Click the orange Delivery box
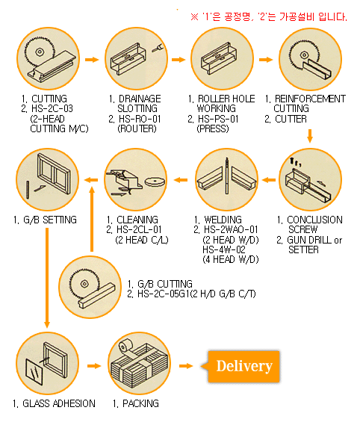click(x=243, y=366)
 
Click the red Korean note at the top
click(x=269, y=17)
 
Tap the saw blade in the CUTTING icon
click(x=40, y=52)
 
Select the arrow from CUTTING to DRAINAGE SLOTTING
click(x=92, y=60)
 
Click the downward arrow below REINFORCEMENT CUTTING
click(x=309, y=136)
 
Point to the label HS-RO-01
click(x=140, y=119)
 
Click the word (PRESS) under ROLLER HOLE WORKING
click(x=213, y=128)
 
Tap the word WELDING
click(x=223, y=220)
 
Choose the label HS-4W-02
click(x=224, y=249)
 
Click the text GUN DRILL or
click(x=314, y=240)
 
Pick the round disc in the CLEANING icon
click(x=155, y=182)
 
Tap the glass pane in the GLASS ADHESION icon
click(x=34, y=371)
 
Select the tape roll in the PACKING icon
click(x=125, y=347)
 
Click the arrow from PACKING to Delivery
click(x=186, y=366)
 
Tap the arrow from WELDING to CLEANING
click(x=181, y=180)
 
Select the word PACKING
click(x=140, y=403)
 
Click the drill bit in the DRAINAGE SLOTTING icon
click(x=157, y=49)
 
